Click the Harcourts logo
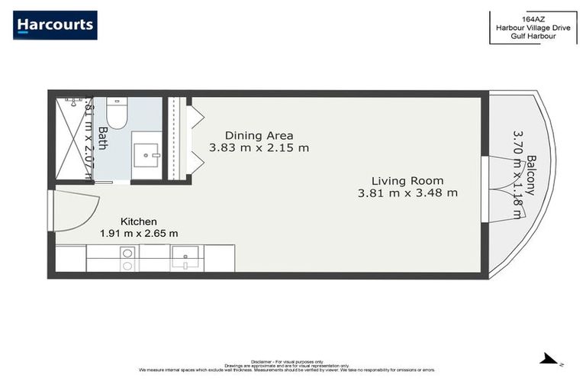[x=55, y=25]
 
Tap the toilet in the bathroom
[x=117, y=113]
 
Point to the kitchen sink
[x=185, y=257]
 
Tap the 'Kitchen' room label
[x=138, y=221]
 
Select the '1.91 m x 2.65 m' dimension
[x=139, y=234]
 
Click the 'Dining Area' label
[x=259, y=136]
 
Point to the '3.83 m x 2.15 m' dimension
[x=259, y=148]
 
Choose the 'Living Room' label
[x=407, y=181]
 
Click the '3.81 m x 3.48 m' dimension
[x=407, y=193]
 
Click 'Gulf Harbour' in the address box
[x=533, y=37]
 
